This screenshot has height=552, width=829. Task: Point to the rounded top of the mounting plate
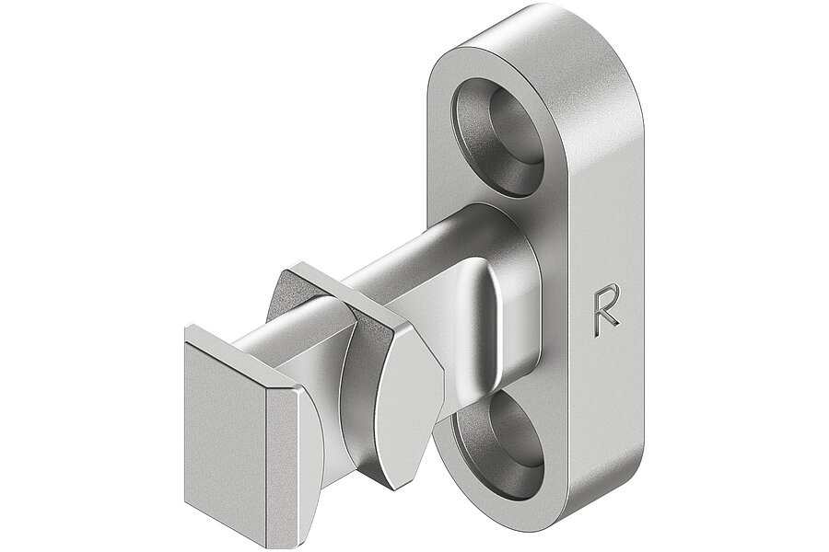pos(553,28)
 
